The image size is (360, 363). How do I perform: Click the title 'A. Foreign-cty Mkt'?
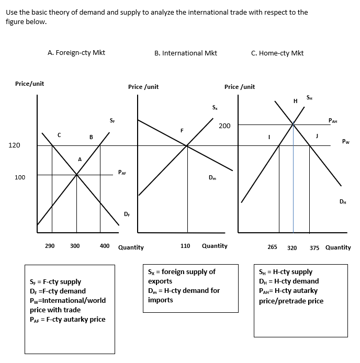[x=76, y=52]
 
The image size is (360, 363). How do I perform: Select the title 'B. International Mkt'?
[x=186, y=53]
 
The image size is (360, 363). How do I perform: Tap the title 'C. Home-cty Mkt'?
[x=277, y=53]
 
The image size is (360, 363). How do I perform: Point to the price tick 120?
[x=14, y=145]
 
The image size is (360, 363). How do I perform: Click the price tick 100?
[x=19, y=178]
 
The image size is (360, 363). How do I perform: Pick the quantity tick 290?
[x=50, y=245]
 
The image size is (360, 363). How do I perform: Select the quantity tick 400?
[x=105, y=245]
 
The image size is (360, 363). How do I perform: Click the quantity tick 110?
[x=185, y=245]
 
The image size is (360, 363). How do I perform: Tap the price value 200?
[x=224, y=126]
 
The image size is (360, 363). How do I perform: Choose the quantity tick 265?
[x=272, y=247]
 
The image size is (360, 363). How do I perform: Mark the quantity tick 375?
[x=314, y=247]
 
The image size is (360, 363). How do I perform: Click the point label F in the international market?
[x=182, y=130]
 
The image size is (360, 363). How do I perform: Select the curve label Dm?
[x=212, y=178]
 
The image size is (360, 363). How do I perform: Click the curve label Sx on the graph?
[x=215, y=108]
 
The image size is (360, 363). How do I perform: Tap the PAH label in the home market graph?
[x=333, y=121]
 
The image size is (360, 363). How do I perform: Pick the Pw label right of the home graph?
[x=345, y=141]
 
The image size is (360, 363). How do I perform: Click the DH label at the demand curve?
[x=342, y=201]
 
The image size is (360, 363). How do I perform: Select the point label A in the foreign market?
[x=80, y=159]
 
